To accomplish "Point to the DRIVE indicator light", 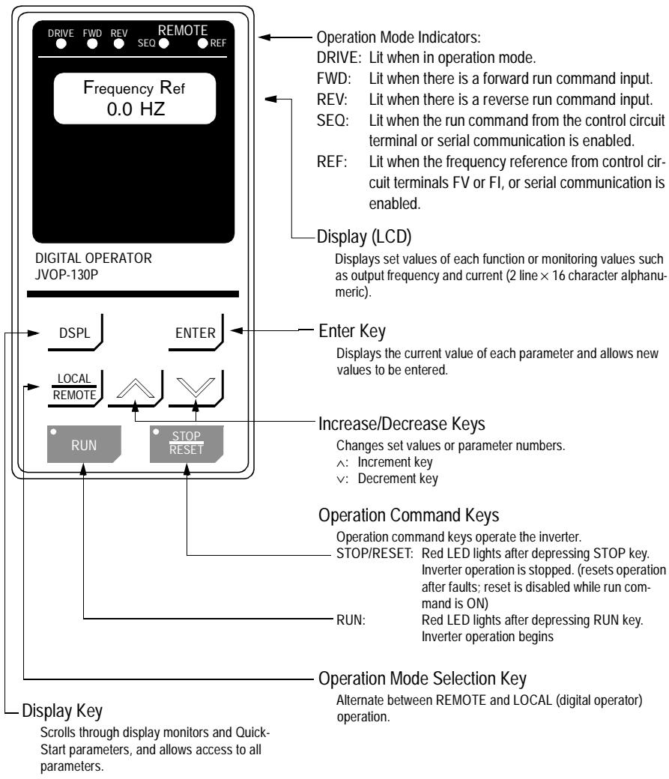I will (x=60, y=43).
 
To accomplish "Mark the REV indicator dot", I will (x=120, y=43).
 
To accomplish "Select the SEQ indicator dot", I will (x=164, y=43).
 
